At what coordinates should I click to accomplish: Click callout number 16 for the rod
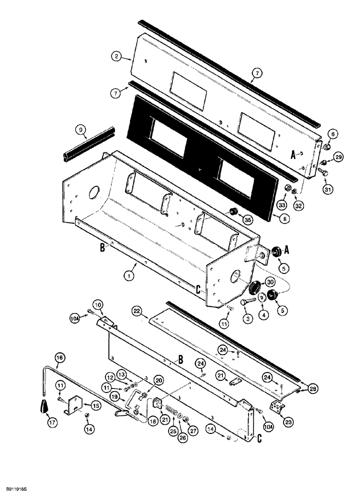point(59,357)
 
